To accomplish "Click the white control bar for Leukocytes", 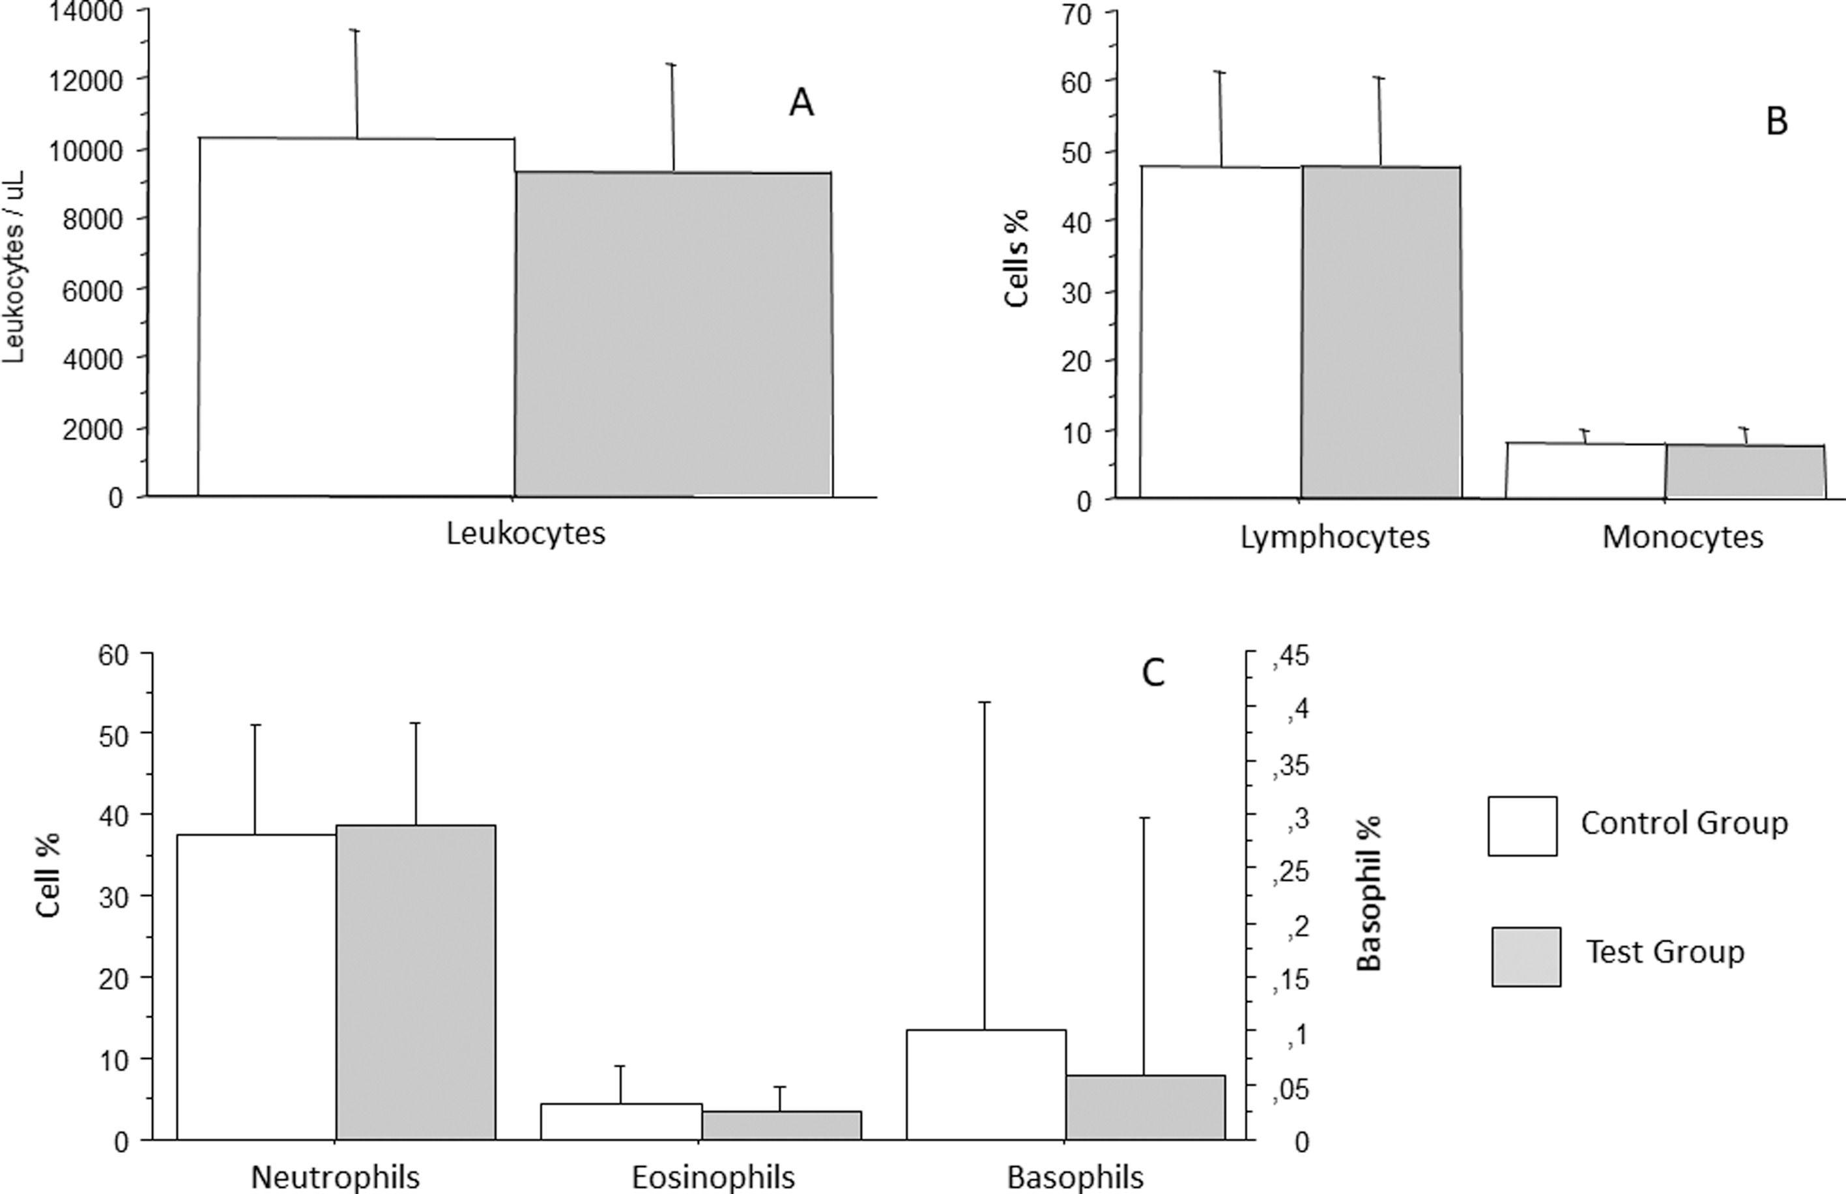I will [x=356, y=318].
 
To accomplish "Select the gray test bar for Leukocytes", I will [x=672, y=334].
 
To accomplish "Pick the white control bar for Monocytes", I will [x=1585, y=471].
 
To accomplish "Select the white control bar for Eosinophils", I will [x=621, y=1121].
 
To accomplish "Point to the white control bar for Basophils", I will [x=986, y=1085].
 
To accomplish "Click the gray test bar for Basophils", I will [x=1145, y=1107].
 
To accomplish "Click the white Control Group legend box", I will [x=1522, y=826].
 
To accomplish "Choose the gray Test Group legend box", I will [x=1526, y=957].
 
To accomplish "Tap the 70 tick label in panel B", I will [x=1076, y=14].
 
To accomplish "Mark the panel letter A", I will [x=801, y=103].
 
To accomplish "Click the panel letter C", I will [x=1153, y=673].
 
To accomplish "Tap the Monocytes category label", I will [x=1682, y=536].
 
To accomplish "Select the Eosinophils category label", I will [x=713, y=1177].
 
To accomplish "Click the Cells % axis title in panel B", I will [x=1016, y=257].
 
